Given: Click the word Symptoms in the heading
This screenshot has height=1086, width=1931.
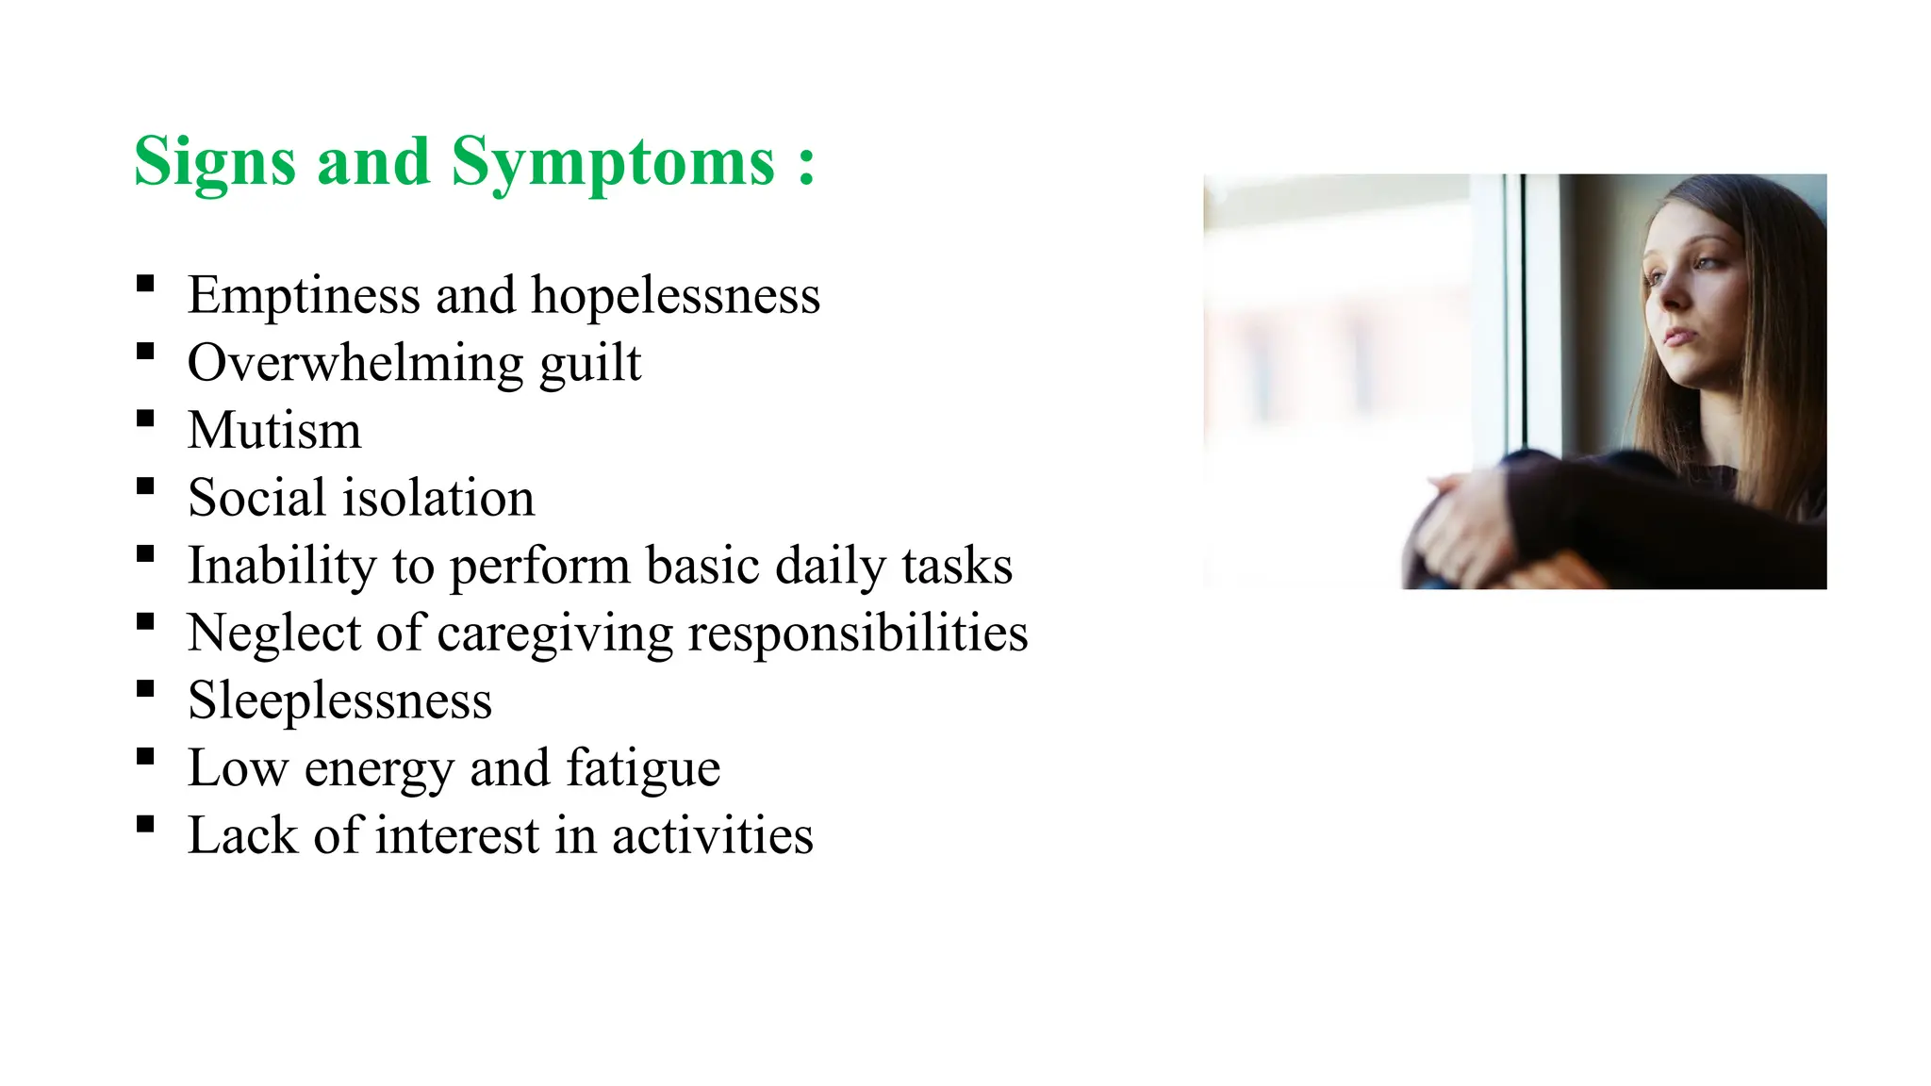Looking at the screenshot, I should (613, 162).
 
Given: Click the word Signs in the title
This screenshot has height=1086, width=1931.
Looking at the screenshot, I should (216, 162).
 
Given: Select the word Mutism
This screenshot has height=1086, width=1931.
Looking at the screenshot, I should (274, 431).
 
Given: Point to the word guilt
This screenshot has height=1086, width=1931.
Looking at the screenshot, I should (590, 364).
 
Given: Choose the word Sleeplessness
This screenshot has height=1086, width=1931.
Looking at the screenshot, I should (339, 700).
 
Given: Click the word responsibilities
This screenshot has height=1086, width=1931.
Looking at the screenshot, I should (857, 633).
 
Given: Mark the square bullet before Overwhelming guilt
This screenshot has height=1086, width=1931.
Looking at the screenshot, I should (145, 352).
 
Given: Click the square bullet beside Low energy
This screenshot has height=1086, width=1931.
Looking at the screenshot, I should (145, 756).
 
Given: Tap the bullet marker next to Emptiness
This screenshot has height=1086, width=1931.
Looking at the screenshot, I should (145, 284).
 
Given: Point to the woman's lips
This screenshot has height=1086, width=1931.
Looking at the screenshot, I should (1676, 335).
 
